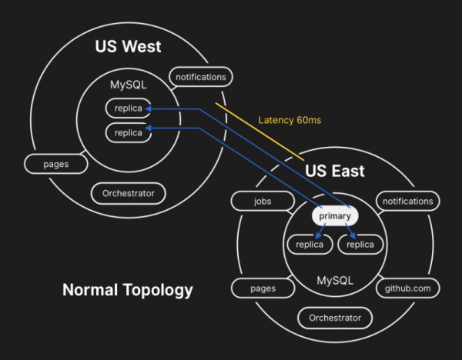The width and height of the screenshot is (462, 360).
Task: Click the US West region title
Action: [x=128, y=46]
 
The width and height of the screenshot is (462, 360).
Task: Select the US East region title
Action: [x=335, y=170]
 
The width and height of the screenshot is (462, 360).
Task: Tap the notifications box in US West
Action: [x=201, y=77]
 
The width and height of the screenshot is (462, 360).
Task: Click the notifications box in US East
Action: [x=407, y=202]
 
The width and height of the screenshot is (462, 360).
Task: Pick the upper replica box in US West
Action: [x=128, y=108]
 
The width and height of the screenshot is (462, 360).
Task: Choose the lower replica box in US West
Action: [x=128, y=132]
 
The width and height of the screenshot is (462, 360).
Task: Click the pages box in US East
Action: [x=263, y=288]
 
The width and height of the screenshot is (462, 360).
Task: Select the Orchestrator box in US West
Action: [x=128, y=193]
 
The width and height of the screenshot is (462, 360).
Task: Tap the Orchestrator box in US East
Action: [x=335, y=317]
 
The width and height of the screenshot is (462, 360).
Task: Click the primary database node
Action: [x=335, y=217]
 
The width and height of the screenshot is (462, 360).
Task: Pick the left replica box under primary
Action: [x=310, y=245]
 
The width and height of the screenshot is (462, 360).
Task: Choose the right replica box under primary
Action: [x=360, y=245]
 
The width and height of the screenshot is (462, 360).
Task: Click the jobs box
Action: [x=263, y=202]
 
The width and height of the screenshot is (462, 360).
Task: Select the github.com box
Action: [x=407, y=288]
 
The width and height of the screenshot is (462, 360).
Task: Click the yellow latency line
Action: [x=258, y=131]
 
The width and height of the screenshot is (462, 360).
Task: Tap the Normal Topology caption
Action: [x=128, y=290]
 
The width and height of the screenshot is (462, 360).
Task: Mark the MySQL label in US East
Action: [x=335, y=280]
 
